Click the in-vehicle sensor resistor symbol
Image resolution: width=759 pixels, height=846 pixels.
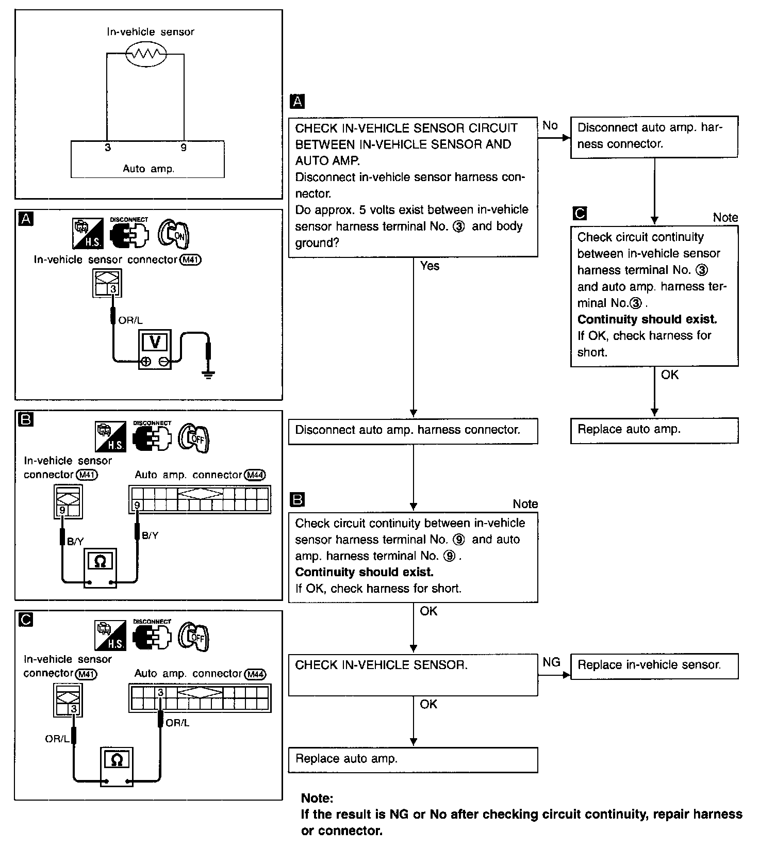click(146, 53)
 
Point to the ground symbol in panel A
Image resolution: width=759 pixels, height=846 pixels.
click(208, 374)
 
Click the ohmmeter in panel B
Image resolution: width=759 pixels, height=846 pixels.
click(101, 567)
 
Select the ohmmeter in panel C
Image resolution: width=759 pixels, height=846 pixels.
click(117, 767)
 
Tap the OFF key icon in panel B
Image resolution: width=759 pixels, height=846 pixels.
click(194, 437)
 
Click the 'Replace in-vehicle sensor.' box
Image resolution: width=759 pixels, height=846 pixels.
click(654, 665)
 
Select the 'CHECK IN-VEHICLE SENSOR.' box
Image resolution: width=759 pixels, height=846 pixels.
click(412, 676)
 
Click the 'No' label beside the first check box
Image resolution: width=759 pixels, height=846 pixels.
click(550, 125)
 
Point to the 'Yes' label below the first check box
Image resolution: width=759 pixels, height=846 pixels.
click(430, 266)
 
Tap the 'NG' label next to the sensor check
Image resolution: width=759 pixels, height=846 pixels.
click(551, 662)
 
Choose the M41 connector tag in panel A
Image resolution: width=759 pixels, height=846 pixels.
click(190, 260)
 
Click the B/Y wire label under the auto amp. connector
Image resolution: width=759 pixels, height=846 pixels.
click(150, 535)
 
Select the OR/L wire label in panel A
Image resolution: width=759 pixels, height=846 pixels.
click(130, 320)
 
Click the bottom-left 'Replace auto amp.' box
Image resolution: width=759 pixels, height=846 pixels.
click(412, 759)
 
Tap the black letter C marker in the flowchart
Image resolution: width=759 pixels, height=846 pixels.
click(580, 213)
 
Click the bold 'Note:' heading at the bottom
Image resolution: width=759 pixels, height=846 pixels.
click(317, 798)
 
